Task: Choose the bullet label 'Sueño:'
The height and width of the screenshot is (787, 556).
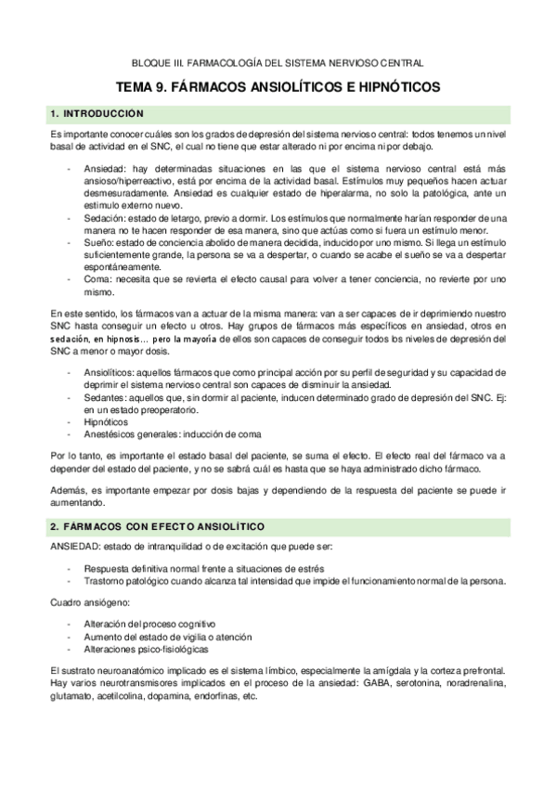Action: point(98,241)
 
